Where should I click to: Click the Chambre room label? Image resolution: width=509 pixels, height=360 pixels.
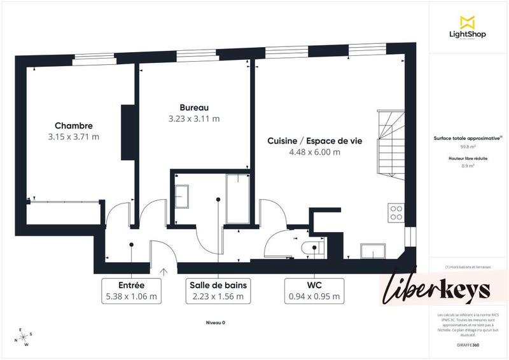click(73, 125)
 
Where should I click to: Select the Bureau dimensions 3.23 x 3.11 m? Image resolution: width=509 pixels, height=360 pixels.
click(193, 118)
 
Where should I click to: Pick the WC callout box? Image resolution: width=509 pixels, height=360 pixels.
click(314, 291)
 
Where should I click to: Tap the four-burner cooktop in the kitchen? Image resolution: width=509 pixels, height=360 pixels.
click(396, 212)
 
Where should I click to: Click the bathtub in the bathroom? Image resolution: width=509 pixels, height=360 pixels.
click(238, 199)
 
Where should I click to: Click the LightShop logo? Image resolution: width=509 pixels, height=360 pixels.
click(468, 28)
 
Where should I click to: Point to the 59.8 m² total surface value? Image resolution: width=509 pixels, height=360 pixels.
click(468, 146)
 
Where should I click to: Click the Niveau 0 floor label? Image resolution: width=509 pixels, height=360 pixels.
click(215, 322)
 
